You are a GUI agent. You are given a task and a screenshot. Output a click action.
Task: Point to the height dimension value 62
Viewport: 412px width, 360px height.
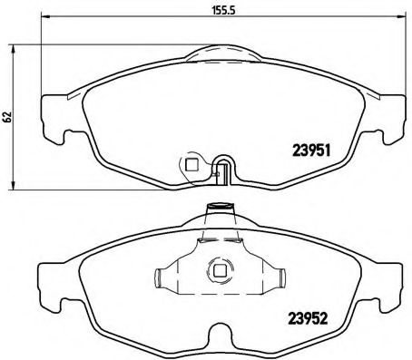coord(8,117)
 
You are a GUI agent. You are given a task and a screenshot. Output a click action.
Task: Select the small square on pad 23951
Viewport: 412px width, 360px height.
coord(191,164)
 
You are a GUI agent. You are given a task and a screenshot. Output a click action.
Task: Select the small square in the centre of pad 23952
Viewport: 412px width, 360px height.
coord(218,269)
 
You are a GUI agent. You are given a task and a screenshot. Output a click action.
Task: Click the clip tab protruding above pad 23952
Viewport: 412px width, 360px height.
coord(218,210)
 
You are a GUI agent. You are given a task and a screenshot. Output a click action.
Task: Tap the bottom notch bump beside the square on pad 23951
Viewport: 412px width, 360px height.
coord(225,169)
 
